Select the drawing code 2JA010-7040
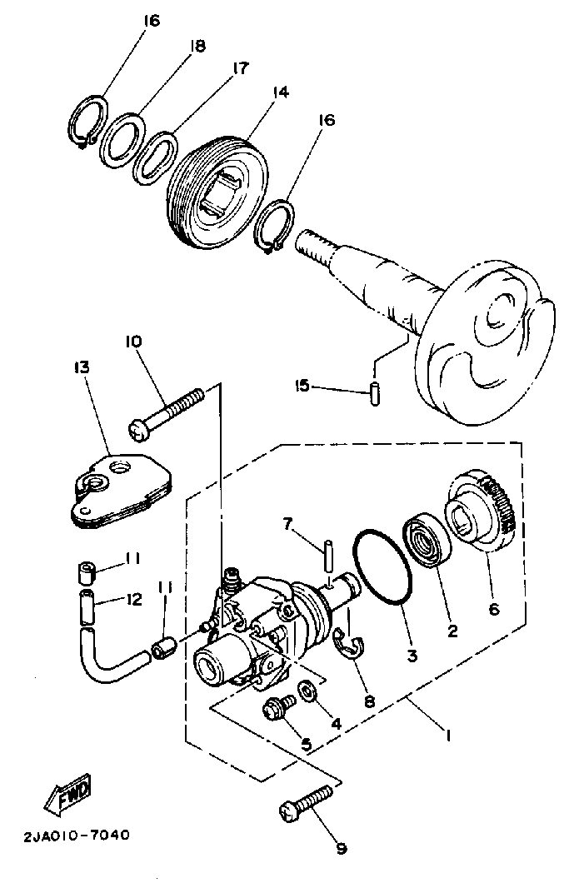77,836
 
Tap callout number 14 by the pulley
280,92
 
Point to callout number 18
197,46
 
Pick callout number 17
241,67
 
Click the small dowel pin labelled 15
375,394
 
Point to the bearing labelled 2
427,541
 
